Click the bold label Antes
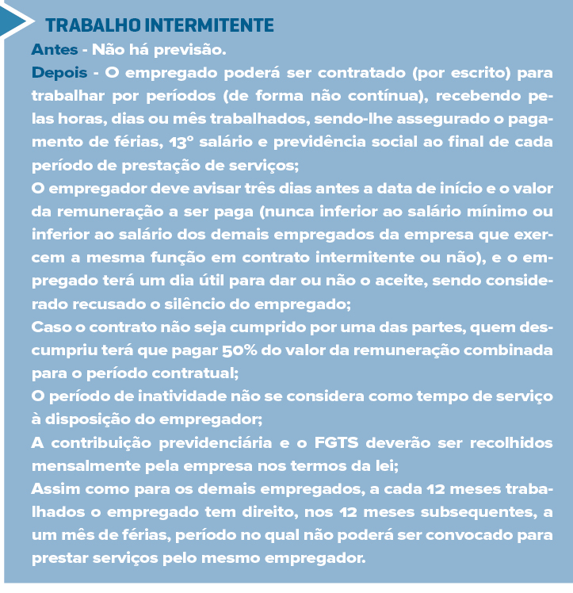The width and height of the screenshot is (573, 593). point(55,49)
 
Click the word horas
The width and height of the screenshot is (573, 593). point(84,121)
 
